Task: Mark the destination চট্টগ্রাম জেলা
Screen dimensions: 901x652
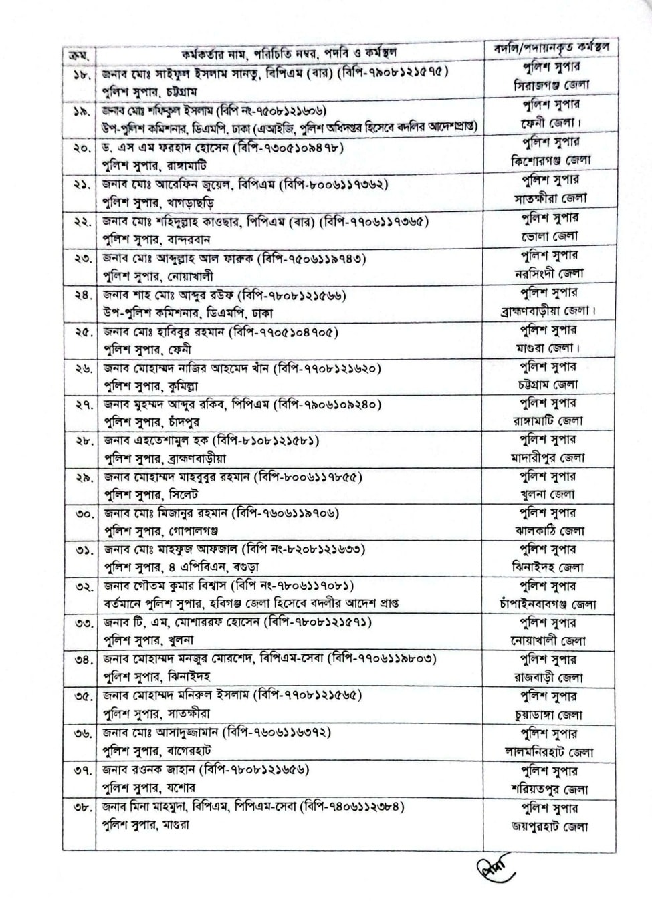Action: (548, 384)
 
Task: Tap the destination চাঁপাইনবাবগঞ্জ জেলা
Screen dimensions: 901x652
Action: (548, 604)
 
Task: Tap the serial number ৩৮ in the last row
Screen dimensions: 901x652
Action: (82, 807)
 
